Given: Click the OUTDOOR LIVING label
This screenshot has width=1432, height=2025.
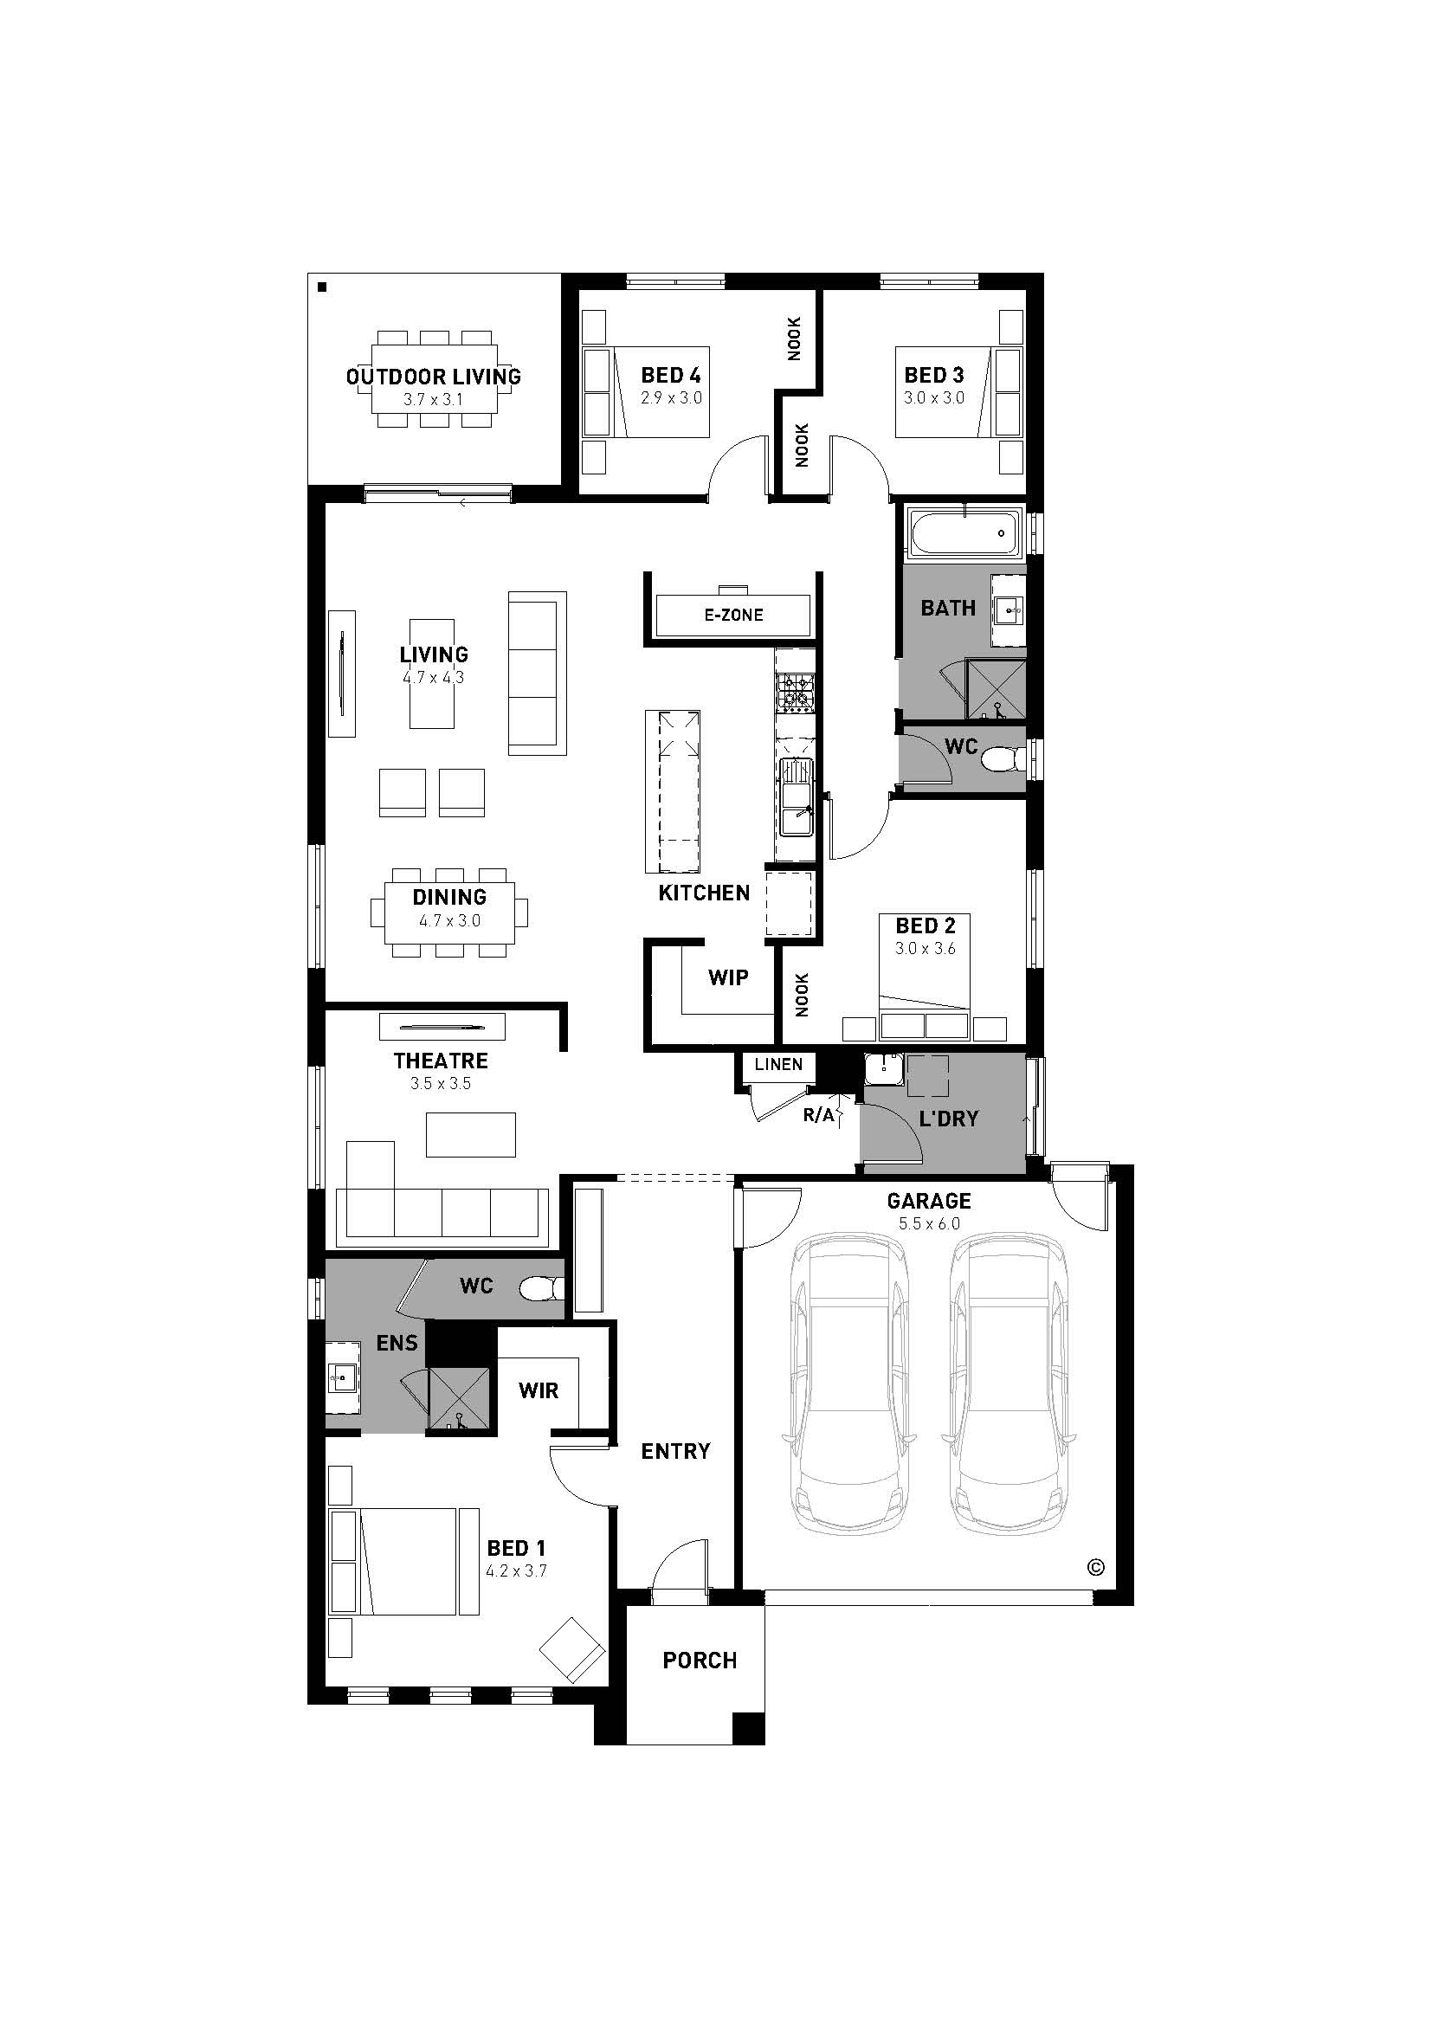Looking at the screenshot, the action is coord(433,377).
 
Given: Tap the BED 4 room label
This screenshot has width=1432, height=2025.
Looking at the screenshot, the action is coord(671,375).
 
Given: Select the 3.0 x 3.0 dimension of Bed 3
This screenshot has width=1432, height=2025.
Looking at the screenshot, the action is coord(934,397).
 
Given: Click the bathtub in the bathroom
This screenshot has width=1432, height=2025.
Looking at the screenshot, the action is coord(964,532).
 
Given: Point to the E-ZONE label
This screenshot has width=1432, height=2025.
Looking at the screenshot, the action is coord(733,615).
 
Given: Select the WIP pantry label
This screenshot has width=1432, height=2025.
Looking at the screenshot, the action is coord(728,977).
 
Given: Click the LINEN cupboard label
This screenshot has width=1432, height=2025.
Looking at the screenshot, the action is coord(778,1065).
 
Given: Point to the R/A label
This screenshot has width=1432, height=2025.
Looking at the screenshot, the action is coord(818,1116).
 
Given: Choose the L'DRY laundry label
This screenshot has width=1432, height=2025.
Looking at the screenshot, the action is coord(949,1119).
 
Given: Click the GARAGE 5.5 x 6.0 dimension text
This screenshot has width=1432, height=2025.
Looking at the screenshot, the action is coord(929,1223).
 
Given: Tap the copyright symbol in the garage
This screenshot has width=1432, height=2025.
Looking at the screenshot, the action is coord(1096,1567).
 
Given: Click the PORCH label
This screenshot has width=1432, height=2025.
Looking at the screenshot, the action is coord(700,1661).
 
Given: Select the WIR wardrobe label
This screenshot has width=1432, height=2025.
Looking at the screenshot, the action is coord(539,1391).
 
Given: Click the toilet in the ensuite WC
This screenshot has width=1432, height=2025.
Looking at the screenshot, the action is coord(541,1289).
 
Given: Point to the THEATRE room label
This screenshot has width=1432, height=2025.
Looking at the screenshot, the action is coord(441,1061).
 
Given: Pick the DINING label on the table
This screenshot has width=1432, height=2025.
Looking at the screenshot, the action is coord(449,897).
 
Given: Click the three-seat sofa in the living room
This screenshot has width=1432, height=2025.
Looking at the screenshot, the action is coord(537,673).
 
